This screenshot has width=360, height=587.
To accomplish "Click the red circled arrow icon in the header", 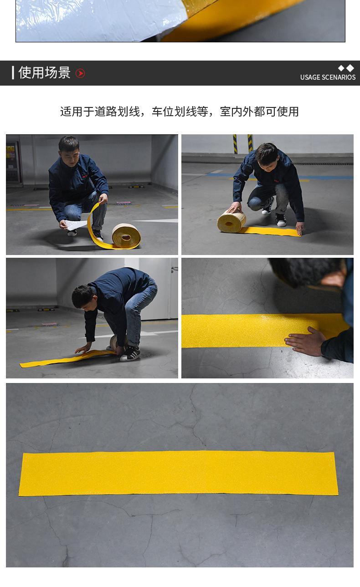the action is [80, 73].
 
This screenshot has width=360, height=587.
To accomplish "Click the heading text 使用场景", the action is [44, 72].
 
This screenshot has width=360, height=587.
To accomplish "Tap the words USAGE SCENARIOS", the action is [328, 77].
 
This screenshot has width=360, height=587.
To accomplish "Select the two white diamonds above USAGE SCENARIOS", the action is [346, 68].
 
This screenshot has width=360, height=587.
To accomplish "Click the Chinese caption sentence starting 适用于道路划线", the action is [180, 112].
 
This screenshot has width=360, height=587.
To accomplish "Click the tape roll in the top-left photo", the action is [126, 236].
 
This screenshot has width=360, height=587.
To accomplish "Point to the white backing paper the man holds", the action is [76, 225].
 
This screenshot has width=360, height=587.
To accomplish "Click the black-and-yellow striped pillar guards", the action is [243, 143].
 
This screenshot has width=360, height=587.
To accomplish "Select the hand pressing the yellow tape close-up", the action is [305, 341].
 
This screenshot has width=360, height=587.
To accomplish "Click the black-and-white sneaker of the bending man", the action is [130, 354].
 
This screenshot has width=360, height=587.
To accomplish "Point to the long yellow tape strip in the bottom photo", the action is [179, 473].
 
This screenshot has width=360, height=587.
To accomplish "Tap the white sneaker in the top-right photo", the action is [281, 220].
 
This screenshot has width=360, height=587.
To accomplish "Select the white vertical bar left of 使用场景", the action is [13, 72].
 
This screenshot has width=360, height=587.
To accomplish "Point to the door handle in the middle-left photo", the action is [175, 268].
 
